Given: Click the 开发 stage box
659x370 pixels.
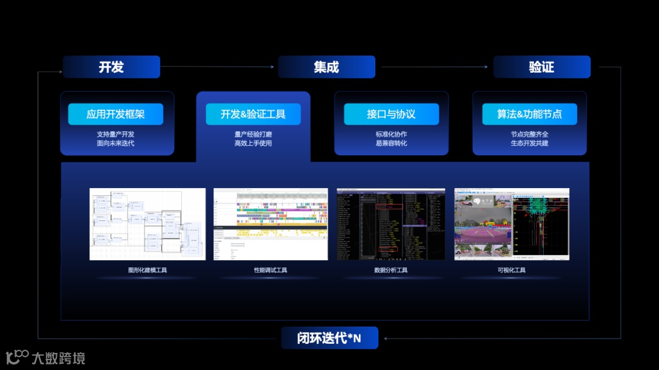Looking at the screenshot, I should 111,67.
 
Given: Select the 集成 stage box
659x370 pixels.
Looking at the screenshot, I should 326,67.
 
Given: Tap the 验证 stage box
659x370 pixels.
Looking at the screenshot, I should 542,67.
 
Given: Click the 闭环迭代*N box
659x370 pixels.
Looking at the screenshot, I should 329,338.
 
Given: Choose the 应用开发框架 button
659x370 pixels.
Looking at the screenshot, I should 115,114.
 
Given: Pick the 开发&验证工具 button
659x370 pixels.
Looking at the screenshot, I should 253,114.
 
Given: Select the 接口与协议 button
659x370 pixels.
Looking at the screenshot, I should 391,114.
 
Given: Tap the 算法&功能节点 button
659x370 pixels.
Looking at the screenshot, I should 530,114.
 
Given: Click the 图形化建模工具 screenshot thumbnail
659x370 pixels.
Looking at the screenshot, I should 148,224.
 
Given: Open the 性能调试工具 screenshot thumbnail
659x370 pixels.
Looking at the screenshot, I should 270,224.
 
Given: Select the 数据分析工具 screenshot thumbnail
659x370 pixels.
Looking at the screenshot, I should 391,224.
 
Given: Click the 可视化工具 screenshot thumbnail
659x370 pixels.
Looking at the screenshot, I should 511,224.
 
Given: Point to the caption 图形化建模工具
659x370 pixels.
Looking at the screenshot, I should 148,270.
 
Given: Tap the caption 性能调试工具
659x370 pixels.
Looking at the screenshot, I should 270,270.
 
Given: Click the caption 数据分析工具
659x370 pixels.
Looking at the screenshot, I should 391,270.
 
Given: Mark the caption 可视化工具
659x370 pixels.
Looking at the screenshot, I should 511,270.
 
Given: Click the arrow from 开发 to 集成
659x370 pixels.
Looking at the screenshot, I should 218,67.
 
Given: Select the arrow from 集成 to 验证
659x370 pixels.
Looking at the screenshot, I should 434,67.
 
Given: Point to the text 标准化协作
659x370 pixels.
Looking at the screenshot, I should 391,134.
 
